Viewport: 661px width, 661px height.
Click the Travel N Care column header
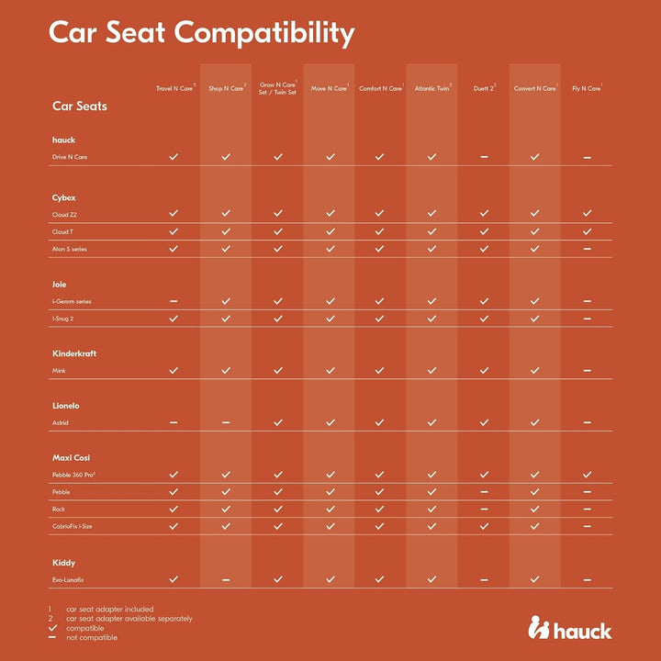(x=175, y=88)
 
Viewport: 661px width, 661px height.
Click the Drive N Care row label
(x=70, y=157)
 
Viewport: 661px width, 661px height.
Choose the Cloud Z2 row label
(x=64, y=215)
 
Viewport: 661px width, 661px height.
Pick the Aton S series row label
(x=69, y=249)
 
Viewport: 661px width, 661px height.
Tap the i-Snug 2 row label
(x=62, y=319)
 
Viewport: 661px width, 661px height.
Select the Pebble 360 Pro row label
(x=73, y=475)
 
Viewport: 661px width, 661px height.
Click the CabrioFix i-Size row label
(x=72, y=526)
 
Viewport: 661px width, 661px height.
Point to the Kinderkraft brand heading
(x=74, y=353)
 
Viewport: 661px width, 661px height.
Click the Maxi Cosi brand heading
(x=71, y=457)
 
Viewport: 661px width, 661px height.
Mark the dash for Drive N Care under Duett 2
(x=484, y=157)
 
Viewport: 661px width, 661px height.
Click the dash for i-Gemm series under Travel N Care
(x=174, y=301)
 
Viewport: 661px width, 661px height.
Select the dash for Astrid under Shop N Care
(x=226, y=422)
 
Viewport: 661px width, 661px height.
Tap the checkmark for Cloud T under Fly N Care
(x=588, y=231)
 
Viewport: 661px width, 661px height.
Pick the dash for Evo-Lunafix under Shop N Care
(x=226, y=579)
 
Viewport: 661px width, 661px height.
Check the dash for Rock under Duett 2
(x=484, y=509)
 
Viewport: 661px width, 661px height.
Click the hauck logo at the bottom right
(x=569, y=627)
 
